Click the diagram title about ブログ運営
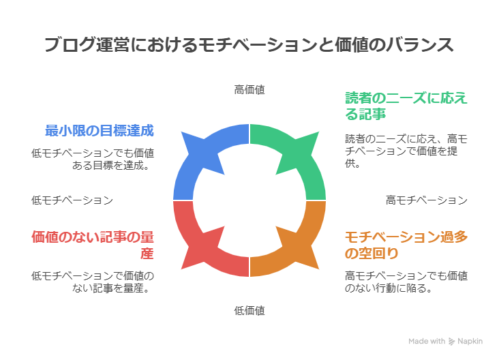pyautogui.click(x=249, y=45)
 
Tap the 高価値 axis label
pyautogui.click(x=249, y=89)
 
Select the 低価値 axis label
pyautogui.click(x=249, y=311)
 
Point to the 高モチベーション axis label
pyautogui.click(x=426, y=200)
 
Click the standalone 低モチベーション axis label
pyautogui.click(x=72, y=200)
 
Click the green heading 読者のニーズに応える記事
pyautogui.click(x=406, y=105)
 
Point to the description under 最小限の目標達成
pyautogui.click(x=93, y=160)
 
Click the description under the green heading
pyautogui.click(x=406, y=151)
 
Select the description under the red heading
pyautogui.click(x=93, y=282)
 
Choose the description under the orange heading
pyautogui.click(x=406, y=282)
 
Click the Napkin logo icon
pyautogui.click(x=453, y=341)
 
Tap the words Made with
pyautogui.click(x=427, y=341)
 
